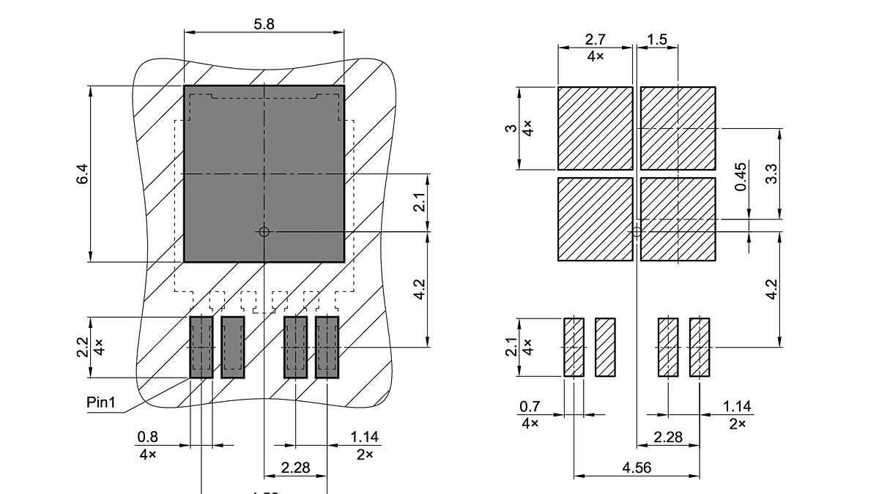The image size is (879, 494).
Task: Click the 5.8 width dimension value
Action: pyautogui.click(x=264, y=23)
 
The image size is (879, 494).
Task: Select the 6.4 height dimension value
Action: pyautogui.click(x=82, y=174)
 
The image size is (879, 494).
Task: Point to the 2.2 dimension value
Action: pyautogui.click(x=82, y=346)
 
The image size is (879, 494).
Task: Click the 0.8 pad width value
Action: pyautogui.click(x=147, y=437)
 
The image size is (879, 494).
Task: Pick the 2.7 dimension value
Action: pyautogui.click(x=595, y=40)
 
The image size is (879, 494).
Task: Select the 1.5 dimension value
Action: pyautogui.click(x=657, y=40)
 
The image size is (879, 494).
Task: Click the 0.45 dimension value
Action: pyautogui.click(x=741, y=178)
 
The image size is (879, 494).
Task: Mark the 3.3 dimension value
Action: pyautogui.click(x=771, y=173)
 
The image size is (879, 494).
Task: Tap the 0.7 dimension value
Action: pyautogui.click(x=530, y=406)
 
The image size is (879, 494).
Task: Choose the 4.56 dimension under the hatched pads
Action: pyautogui.click(x=636, y=468)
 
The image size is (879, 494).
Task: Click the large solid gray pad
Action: pyautogui.click(x=264, y=173)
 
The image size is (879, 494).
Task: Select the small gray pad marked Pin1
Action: pyautogui.click(x=201, y=347)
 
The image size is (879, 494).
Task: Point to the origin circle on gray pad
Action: pyautogui.click(x=264, y=231)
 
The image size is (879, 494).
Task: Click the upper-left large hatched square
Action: pyautogui.click(x=595, y=128)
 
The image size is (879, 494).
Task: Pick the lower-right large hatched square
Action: pyautogui.click(x=678, y=219)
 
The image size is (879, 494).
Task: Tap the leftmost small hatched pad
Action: pyautogui.click(x=574, y=347)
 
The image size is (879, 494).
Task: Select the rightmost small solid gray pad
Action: pyautogui.click(x=327, y=347)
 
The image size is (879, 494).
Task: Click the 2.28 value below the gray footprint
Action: pyautogui.click(x=295, y=467)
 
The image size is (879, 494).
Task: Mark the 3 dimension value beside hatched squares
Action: pyautogui.click(x=511, y=128)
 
